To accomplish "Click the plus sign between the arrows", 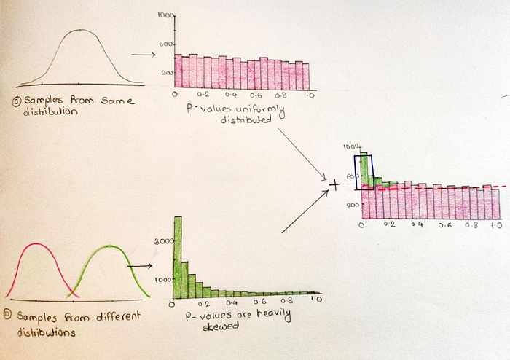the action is pos(334,184).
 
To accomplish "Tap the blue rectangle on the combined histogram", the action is pos(355,173).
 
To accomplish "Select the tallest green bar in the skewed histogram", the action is pos(178,257).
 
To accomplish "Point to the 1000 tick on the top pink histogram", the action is pos(166,15).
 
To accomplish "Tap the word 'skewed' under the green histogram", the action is pos(221,326).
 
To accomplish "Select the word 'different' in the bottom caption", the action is pos(118,316).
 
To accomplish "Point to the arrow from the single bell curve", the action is pos(144,55).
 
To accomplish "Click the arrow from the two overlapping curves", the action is pos(140,266).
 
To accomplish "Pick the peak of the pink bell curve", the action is pos(36,244).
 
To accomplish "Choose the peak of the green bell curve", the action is pos(110,246).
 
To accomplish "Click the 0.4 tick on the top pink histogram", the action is pos(230,95).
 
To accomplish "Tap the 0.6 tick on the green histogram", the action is pos(260,302).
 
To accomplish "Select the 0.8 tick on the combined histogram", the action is pos(471,225).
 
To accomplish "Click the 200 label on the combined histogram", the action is pos(353,205).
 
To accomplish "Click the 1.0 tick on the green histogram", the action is pos(316,299).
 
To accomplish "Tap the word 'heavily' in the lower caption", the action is pos(273,315).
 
